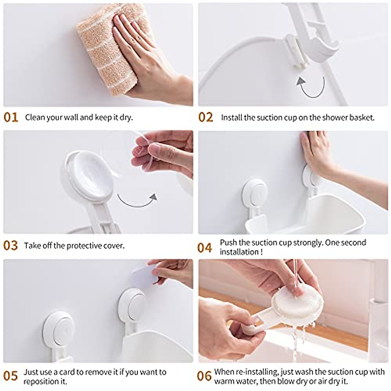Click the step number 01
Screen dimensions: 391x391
tap(11, 117)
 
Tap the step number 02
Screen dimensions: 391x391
tap(206, 117)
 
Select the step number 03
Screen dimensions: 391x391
tap(10, 245)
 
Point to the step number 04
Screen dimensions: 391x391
tap(205, 248)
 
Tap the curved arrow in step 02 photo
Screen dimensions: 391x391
tap(311, 86)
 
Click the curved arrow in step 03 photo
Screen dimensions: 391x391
tap(137, 200)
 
